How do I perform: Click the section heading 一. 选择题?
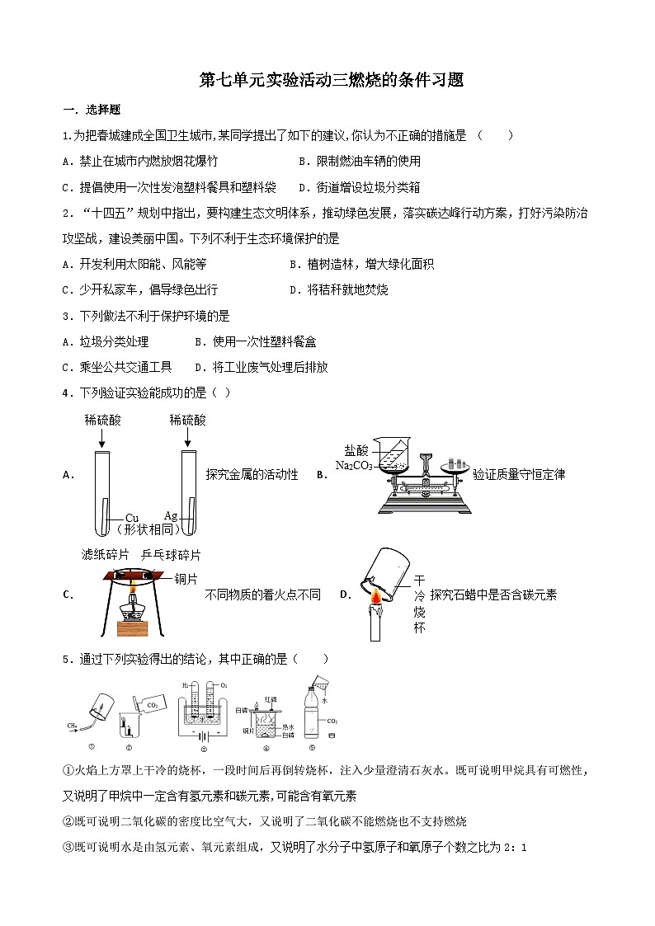(92, 110)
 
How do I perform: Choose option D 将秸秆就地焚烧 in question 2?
(339, 289)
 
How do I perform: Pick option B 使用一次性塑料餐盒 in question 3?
(256, 341)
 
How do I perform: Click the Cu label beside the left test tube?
(131, 517)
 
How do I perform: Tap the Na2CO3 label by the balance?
(352, 466)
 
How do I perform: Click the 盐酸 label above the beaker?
(356, 450)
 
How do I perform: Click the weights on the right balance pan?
(455, 462)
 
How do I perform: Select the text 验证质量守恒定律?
(519, 474)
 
